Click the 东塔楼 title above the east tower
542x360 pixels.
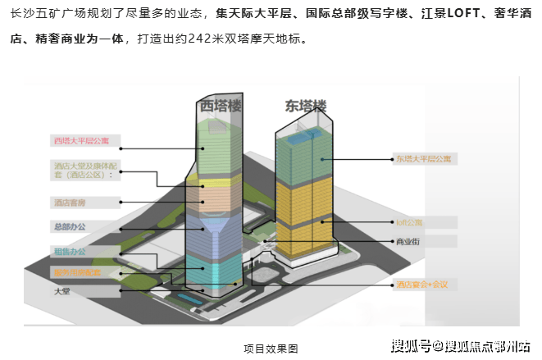click(305, 106)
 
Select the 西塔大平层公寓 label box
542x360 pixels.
click(83, 140)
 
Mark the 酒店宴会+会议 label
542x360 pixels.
click(422, 285)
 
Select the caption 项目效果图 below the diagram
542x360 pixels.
click(271, 349)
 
